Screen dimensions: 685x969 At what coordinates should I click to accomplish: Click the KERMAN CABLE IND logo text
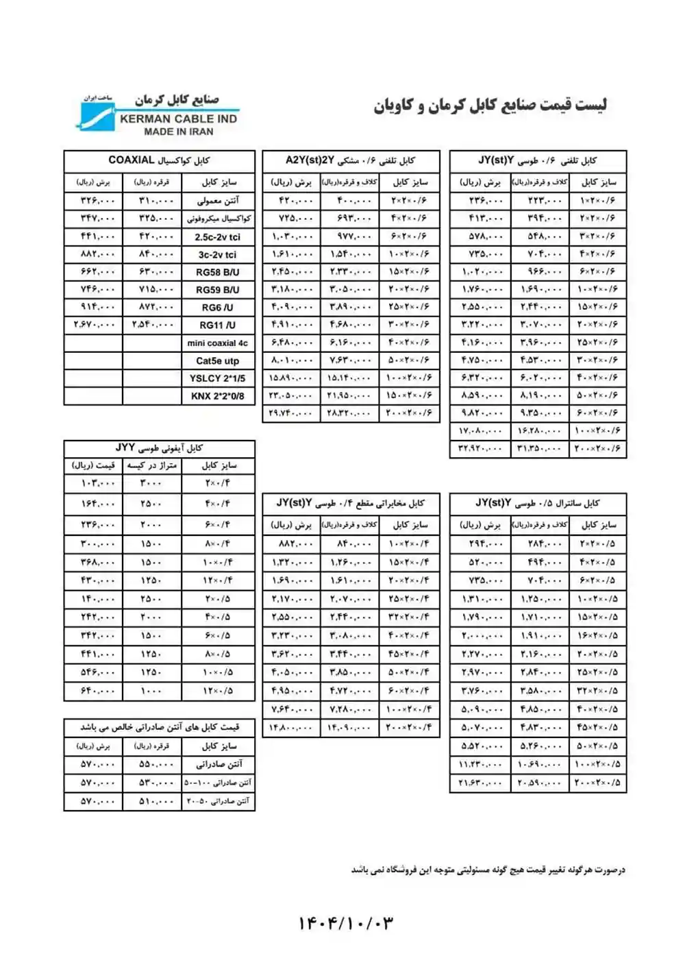click(178, 119)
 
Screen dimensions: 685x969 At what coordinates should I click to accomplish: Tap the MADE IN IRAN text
click(178, 132)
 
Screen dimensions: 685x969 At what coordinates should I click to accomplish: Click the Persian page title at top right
click(490, 106)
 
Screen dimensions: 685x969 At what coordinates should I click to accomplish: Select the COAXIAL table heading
click(159, 160)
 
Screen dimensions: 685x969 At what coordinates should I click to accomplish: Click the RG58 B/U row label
click(217, 272)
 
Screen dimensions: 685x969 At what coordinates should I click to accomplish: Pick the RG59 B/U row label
click(217, 290)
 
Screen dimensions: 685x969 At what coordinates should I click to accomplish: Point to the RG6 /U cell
click(217, 308)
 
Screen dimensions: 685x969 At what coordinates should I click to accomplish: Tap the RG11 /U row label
click(217, 326)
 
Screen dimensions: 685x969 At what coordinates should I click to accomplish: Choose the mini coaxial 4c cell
click(217, 343)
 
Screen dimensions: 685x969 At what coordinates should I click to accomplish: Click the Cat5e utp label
click(217, 361)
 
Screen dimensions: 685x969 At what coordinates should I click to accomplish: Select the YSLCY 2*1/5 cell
click(217, 378)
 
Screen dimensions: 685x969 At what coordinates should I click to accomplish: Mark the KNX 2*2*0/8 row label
click(217, 396)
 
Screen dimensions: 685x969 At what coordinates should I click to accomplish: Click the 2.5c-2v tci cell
click(217, 237)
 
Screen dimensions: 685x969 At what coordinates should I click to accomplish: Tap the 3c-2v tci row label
click(217, 255)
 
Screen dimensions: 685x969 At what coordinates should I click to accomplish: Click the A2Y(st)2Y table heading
click(350, 160)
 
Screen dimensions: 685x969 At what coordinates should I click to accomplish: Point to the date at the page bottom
click(345, 923)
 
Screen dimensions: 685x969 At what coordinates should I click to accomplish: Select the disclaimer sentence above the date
click(488, 870)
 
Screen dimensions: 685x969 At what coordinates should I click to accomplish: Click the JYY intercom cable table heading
click(159, 448)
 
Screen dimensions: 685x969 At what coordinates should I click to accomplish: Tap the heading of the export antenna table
click(159, 727)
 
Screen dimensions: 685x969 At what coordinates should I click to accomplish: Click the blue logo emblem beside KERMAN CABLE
click(95, 119)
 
